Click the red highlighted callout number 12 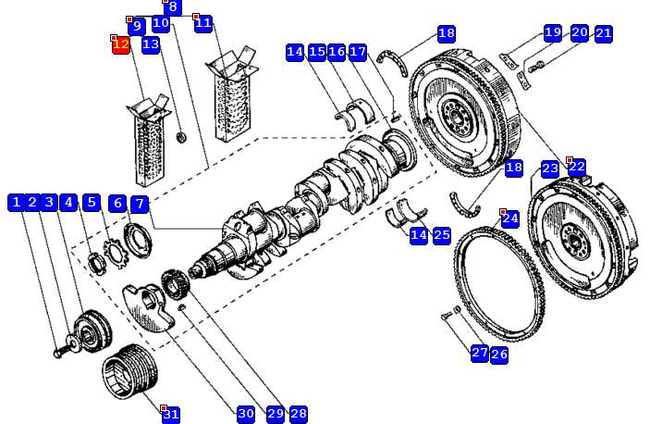[120, 44]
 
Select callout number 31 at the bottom [171, 415]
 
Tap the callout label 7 [139, 204]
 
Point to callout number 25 [442, 235]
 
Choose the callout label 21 [604, 33]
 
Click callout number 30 [245, 414]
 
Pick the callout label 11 [203, 23]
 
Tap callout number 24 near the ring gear [510, 219]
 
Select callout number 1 [16, 203]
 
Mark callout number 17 [358, 52]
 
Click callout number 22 [577, 168]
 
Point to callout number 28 [298, 414]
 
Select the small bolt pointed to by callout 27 [448, 317]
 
